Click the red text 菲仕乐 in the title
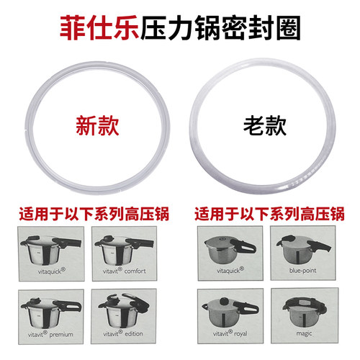click(x=99, y=27)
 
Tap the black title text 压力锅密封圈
click(x=220, y=27)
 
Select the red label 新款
click(x=97, y=126)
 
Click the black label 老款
click(x=265, y=126)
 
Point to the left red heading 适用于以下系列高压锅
click(x=94, y=213)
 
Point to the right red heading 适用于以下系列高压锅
click(x=269, y=213)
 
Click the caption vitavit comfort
click(x=125, y=271)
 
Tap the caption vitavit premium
click(x=50, y=334)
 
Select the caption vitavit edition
click(x=123, y=333)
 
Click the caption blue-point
click(x=302, y=271)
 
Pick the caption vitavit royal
click(x=230, y=333)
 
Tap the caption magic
click(x=304, y=333)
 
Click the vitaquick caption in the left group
click(x=52, y=271)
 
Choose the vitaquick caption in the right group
click(x=230, y=271)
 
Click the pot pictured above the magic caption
click(x=305, y=312)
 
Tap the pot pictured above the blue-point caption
click(x=304, y=250)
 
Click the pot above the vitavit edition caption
click(x=124, y=311)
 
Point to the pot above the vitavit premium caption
click(x=51, y=312)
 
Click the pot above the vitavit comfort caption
click(x=124, y=250)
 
